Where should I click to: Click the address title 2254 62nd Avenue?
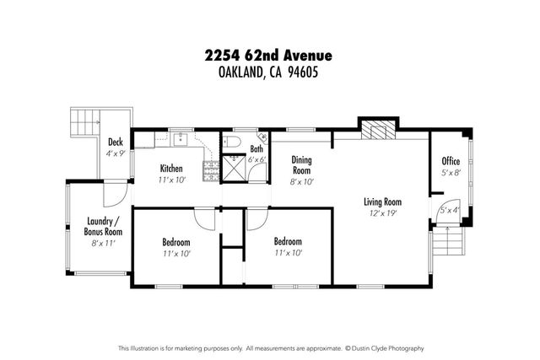(x=269, y=56)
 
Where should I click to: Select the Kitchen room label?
(x=171, y=168)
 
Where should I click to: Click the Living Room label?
(x=381, y=202)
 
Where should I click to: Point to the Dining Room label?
(x=302, y=164)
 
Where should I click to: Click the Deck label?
(x=116, y=142)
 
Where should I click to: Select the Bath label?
(x=256, y=149)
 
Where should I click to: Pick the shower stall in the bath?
(x=231, y=169)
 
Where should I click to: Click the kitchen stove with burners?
(x=208, y=169)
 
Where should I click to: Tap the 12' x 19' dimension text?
(x=381, y=213)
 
